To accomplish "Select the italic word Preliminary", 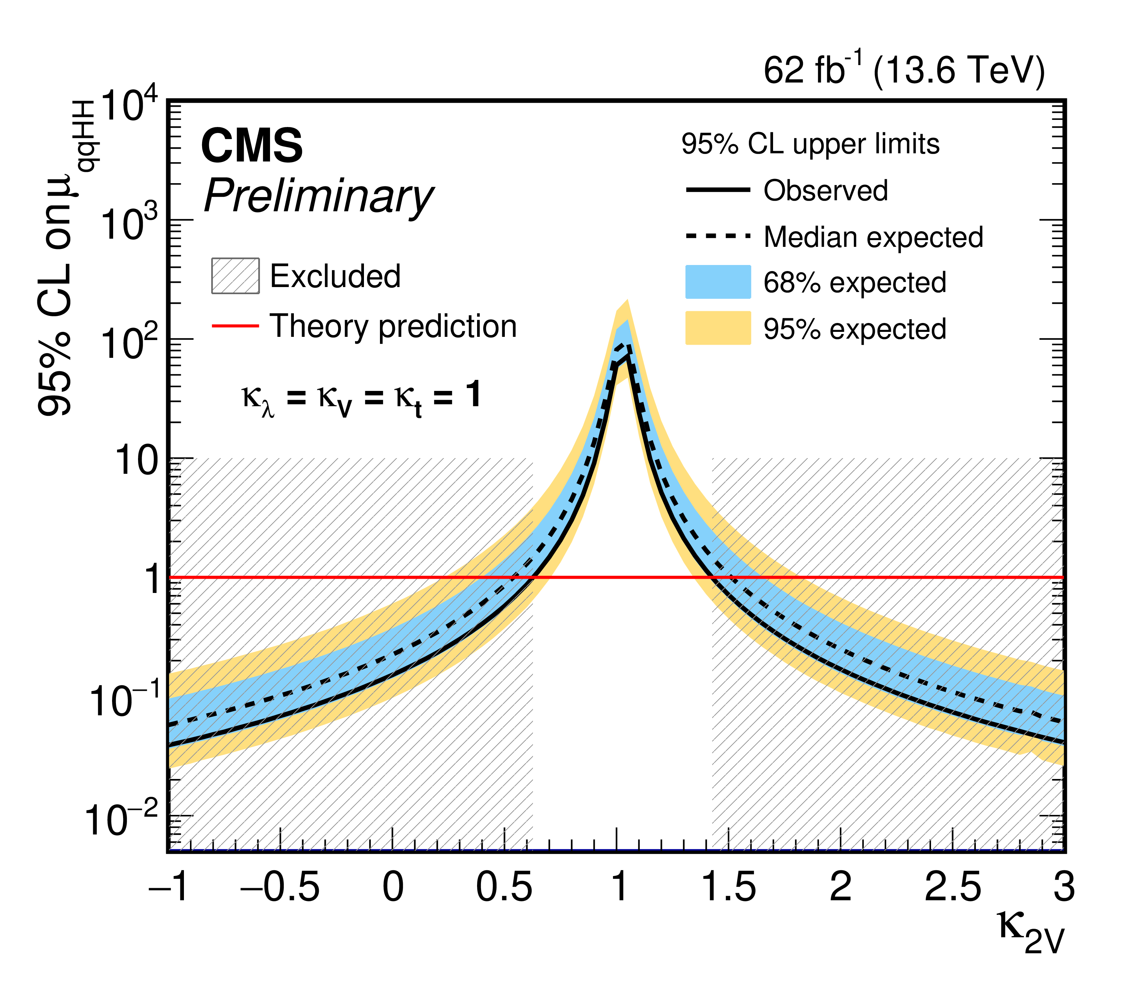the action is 319,197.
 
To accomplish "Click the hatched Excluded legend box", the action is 235,276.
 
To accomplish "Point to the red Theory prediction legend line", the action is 235,326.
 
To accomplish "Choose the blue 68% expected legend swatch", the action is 718,282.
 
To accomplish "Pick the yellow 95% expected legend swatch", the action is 718,328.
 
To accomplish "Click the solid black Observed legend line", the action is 718,190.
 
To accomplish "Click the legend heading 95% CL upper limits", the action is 810,145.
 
